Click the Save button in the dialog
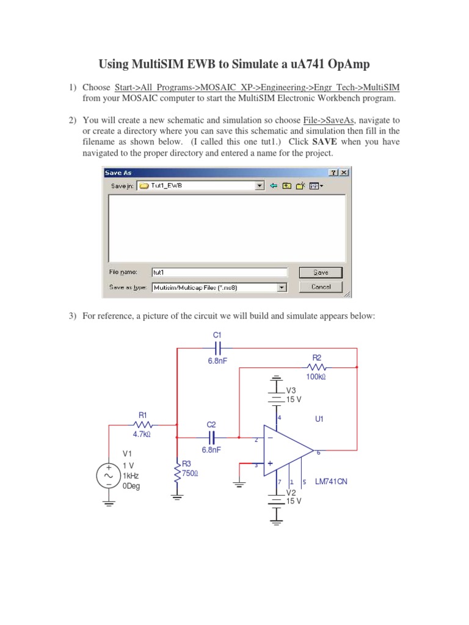(320, 273)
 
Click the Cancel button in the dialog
(320, 287)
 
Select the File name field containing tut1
(219, 273)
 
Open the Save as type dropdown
(282, 287)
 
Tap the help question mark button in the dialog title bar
(334, 173)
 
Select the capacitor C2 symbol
(212, 437)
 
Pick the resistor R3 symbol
(178, 472)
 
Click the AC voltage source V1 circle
(109, 475)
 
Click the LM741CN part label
(331, 482)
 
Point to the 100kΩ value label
(316, 378)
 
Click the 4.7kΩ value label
(141, 435)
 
